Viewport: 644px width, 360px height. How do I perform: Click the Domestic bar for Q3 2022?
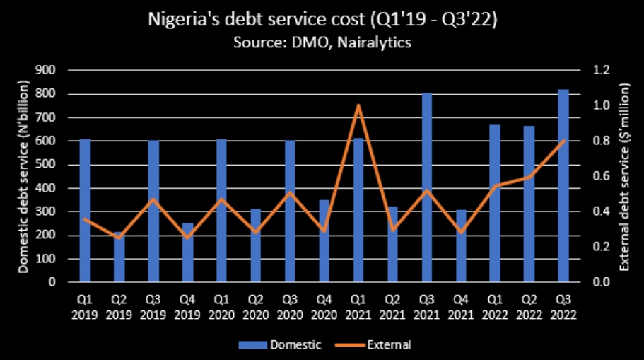(563, 186)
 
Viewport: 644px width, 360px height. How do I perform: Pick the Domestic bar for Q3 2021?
(427, 187)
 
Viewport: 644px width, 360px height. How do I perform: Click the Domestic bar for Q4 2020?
(324, 241)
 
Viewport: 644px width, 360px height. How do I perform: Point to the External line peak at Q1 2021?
(358, 105)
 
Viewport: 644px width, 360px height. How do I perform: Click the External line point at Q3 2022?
(563, 141)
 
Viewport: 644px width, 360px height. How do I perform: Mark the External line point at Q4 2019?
(187, 238)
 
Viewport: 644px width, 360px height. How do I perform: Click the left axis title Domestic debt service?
(23, 176)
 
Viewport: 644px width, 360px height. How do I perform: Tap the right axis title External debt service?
(624, 176)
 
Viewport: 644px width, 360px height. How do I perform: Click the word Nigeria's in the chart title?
(180, 20)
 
